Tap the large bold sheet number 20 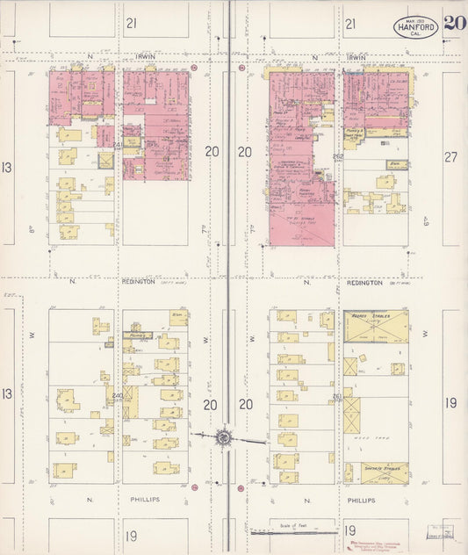point(454,24)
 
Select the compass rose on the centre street point(224,436)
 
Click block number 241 point(118,145)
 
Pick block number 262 point(338,156)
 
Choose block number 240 point(118,396)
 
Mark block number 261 point(338,396)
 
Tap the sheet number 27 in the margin point(451,157)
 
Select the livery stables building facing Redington point(377,326)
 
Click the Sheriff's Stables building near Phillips point(384,472)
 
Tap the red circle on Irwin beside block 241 point(193,67)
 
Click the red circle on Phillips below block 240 point(193,486)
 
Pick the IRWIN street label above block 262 point(355,58)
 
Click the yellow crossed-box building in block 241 point(105,161)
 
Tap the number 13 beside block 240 point(7,393)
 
